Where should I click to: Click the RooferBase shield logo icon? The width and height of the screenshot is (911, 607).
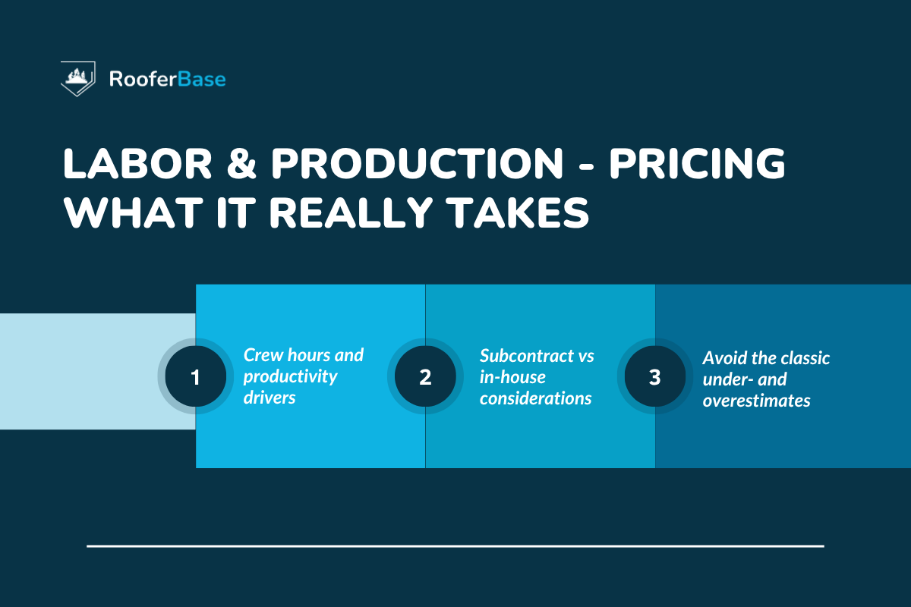(x=78, y=78)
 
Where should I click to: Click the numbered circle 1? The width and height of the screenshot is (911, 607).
(x=195, y=377)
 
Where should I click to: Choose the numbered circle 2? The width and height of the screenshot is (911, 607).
(x=425, y=377)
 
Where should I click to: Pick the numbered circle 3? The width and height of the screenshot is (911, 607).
(x=654, y=377)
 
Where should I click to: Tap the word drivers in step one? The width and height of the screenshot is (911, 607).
(x=269, y=398)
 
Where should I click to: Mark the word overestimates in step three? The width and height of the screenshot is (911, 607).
(x=756, y=401)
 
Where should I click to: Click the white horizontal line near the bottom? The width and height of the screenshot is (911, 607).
(x=455, y=546)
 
